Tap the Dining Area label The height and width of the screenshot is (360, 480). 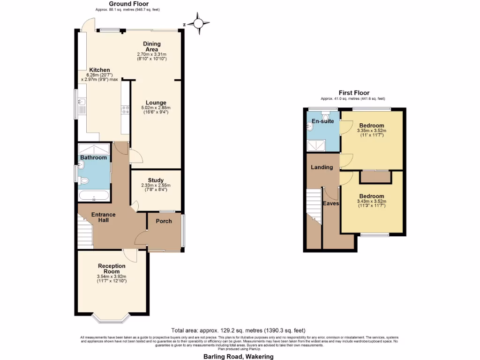click(x=151, y=46)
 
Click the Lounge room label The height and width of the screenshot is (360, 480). click(x=156, y=103)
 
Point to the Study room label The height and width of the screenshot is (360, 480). click(x=156, y=180)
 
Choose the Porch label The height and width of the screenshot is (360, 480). click(x=164, y=221)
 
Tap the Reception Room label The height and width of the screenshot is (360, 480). click(x=112, y=269)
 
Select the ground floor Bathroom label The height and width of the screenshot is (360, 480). click(x=93, y=157)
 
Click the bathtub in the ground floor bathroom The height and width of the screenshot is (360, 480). click(x=94, y=196)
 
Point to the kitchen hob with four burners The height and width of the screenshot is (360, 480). click(x=125, y=110)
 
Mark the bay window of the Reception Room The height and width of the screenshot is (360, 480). click(x=111, y=318)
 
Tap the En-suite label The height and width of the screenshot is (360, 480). click(x=322, y=121)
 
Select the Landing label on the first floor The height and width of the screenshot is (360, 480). click(x=322, y=167)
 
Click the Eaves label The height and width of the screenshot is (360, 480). click(x=331, y=203)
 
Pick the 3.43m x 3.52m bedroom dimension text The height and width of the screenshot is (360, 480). click(x=371, y=203)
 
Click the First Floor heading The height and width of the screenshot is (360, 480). click(x=354, y=93)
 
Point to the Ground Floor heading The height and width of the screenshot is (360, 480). click(x=125, y=3)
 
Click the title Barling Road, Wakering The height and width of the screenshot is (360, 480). click(x=238, y=356)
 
